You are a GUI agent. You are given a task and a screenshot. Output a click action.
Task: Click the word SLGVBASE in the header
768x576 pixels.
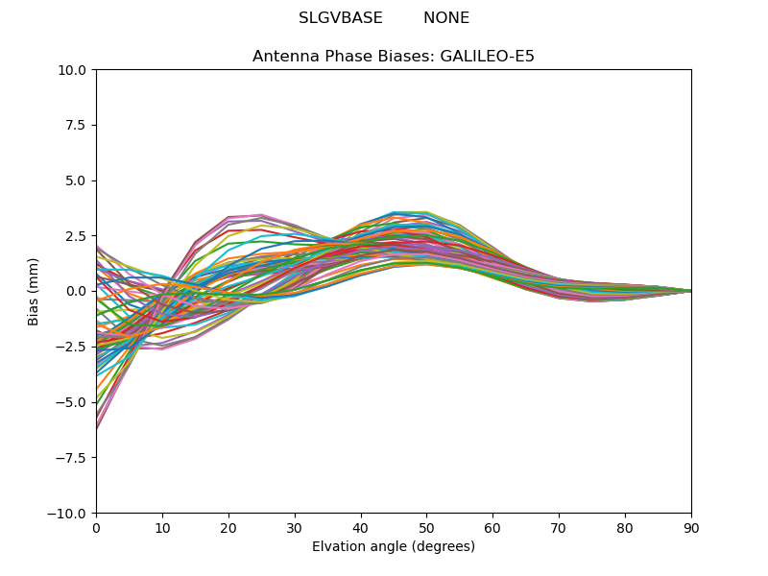click(x=340, y=18)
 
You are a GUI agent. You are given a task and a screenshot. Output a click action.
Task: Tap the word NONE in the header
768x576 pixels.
click(x=446, y=18)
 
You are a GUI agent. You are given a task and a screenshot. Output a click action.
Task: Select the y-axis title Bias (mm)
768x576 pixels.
click(x=34, y=291)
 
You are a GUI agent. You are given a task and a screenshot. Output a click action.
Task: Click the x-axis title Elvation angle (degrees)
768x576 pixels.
click(x=394, y=547)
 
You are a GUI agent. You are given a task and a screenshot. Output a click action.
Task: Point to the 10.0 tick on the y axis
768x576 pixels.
click(x=75, y=70)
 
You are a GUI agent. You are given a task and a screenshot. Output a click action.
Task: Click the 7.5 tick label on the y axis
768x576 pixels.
click(x=78, y=125)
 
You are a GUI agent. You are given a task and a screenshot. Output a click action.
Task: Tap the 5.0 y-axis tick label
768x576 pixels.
click(x=78, y=180)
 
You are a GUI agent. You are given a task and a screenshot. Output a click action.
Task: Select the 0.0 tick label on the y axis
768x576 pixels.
click(x=78, y=291)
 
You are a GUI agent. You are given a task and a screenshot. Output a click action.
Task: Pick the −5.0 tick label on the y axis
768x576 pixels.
click(x=73, y=402)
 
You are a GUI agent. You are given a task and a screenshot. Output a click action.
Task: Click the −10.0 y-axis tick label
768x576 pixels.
click(x=70, y=513)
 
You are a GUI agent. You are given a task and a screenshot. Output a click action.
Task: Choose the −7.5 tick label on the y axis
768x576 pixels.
click(x=73, y=458)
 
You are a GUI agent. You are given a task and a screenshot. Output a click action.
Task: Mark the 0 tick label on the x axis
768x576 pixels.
click(x=96, y=527)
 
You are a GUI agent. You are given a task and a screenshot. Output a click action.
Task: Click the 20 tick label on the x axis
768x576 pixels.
click(x=228, y=527)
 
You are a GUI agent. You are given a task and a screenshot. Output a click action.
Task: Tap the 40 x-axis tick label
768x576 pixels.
click(x=361, y=527)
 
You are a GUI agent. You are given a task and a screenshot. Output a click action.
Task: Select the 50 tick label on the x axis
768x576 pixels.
click(x=426, y=527)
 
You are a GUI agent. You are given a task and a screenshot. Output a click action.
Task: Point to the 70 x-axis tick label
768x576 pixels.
click(x=559, y=527)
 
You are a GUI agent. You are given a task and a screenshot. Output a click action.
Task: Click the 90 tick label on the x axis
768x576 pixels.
click(x=691, y=527)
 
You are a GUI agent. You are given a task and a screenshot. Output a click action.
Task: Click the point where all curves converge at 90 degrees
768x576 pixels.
click(x=690, y=291)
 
